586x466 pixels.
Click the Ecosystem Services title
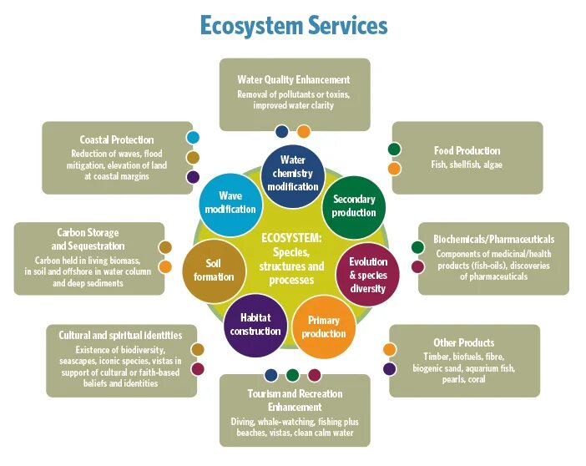pyautogui.click(x=293, y=26)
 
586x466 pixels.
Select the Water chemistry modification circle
pyautogui.click(x=293, y=172)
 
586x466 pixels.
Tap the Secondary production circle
pyautogui.click(x=354, y=205)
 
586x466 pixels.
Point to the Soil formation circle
pyautogui.click(x=214, y=270)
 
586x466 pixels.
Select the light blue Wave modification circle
pyautogui.click(x=230, y=202)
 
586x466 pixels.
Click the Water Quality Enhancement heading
pyautogui.click(x=293, y=80)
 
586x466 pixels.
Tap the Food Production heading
pyautogui.click(x=467, y=151)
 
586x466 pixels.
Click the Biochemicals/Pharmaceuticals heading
pyautogui.click(x=493, y=239)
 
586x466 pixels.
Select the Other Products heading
pyautogui.click(x=464, y=342)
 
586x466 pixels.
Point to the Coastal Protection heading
pyautogui.click(x=117, y=139)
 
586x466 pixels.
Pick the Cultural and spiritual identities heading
pyautogui.click(x=120, y=336)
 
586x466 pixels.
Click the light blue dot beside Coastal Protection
pyautogui.click(x=193, y=138)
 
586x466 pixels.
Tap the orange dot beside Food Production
pyautogui.click(x=394, y=169)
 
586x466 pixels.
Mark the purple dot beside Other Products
pyautogui.click(x=390, y=368)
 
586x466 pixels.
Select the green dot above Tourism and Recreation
pyautogui.click(x=292, y=375)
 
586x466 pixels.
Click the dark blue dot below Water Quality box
pyautogui.click(x=282, y=131)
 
